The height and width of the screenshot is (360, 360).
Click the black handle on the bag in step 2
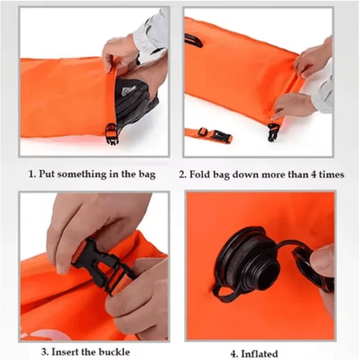pos(193,40)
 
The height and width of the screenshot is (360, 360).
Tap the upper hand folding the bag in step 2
pos(313,56)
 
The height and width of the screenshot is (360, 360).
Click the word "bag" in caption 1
pos(147,174)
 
